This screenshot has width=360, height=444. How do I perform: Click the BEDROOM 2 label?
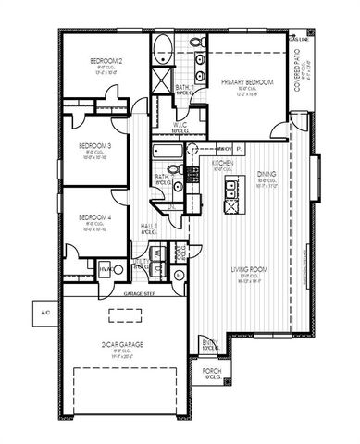[x=106, y=62]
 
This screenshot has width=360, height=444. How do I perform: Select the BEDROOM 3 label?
[x=94, y=145]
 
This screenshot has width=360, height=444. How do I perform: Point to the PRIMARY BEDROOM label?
[x=244, y=82]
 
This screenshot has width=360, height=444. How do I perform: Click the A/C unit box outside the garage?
[x=43, y=313]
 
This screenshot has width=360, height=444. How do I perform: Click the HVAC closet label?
[x=105, y=268]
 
